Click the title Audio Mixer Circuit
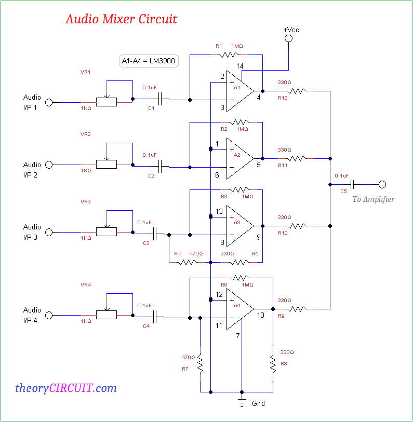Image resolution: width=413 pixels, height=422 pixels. [x=121, y=19]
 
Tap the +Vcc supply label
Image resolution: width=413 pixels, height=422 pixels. [x=291, y=30]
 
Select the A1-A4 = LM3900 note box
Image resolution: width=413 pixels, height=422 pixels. [x=149, y=61]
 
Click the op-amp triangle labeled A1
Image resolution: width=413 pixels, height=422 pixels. [x=238, y=91]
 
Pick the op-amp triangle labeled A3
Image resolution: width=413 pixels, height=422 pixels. [x=238, y=226]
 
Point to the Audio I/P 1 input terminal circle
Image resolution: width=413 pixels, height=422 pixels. [x=49, y=102]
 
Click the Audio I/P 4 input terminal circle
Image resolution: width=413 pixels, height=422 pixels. [x=49, y=315]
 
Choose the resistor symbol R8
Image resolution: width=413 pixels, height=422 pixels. [x=273, y=363]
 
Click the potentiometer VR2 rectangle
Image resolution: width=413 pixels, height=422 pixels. [x=106, y=165]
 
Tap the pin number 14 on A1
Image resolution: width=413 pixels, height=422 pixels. [x=239, y=66]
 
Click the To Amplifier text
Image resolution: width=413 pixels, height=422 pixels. [x=373, y=199]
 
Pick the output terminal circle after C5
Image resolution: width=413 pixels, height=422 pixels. [x=382, y=184]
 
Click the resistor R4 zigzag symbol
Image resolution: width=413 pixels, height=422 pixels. [x=185, y=263]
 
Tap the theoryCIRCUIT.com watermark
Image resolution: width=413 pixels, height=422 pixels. [x=66, y=388]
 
